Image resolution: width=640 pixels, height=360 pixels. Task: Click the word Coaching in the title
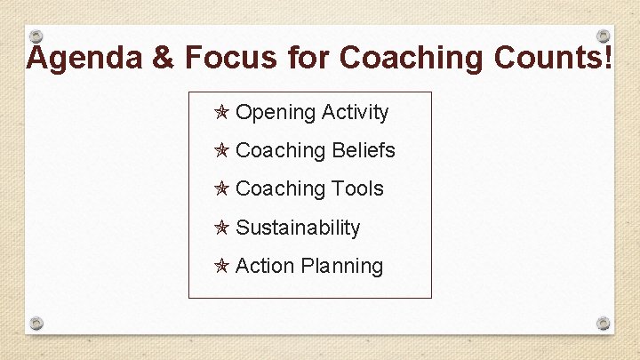[405, 58]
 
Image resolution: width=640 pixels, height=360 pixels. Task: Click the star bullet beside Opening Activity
[222, 113]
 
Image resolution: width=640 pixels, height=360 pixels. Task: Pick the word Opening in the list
[276, 113]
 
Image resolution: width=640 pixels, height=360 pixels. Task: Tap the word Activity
[356, 113]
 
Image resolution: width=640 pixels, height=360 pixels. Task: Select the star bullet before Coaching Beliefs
[222, 151]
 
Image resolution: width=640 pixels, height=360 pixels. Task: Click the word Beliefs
[364, 151]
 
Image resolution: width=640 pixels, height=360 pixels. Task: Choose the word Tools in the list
[357, 189]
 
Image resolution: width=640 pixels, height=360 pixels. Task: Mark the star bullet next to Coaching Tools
[222, 189]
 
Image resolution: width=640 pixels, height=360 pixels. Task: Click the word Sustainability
[298, 228]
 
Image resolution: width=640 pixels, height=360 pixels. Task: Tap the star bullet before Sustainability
[222, 228]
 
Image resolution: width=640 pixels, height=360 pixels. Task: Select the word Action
[265, 266]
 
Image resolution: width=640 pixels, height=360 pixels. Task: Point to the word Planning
[342, 266]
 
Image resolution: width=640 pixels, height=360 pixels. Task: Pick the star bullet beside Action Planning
[222, 266]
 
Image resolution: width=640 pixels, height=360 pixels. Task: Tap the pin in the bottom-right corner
[603, 323]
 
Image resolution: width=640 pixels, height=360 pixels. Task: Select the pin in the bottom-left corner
[36, 323]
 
